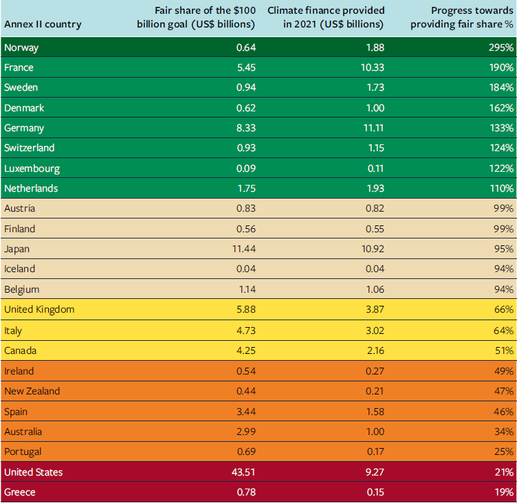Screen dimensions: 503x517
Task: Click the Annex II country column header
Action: click(43, 24)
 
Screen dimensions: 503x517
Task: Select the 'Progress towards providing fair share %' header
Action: click(462, 18)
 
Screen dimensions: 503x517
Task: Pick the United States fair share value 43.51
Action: click(242, 472)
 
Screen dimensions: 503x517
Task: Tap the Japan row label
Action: click(17, 249)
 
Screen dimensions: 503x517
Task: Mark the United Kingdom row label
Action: click(39, 310)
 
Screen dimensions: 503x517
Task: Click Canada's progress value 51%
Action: click(503, 350)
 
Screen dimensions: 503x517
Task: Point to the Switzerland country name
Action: click(29, 148)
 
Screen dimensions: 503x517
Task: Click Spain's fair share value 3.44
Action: click(245, 412)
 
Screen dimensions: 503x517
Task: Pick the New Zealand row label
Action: click(32, 391)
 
